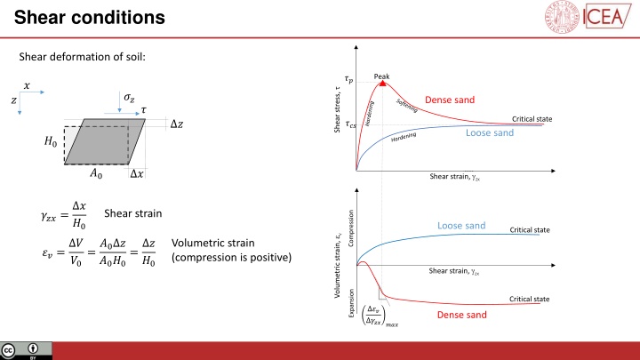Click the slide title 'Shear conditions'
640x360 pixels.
[x=77, y=17]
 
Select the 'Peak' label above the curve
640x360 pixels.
[x=382, y=75]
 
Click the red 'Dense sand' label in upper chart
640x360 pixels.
[x=454, y=99]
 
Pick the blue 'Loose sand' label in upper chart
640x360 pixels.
[x=490, y=133]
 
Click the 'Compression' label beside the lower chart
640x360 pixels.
[x=351, y=228]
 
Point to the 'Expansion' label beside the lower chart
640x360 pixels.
[x=351, y=304]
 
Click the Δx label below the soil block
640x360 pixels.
[x=138, y=174]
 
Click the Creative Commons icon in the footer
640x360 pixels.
[x=11, y=349]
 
